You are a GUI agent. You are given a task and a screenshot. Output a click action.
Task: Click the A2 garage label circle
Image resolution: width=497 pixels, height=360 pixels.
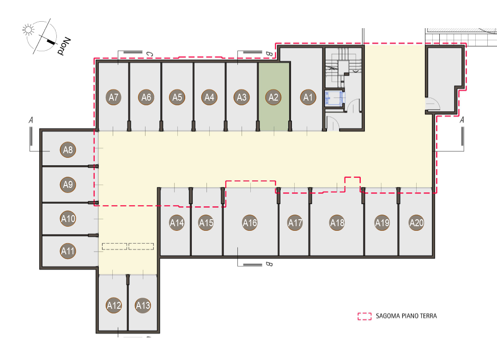[x=273, y=97]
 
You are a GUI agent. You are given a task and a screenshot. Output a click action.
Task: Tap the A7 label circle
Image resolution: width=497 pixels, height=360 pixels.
[x=114, y=97]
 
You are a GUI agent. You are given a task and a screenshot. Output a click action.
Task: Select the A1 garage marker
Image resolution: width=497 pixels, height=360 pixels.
[x=308, y=97]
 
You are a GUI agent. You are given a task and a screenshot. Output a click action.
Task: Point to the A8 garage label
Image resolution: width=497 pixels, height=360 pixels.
[x=68, y=150]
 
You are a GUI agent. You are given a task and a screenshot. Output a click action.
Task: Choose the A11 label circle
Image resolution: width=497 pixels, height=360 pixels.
[x=68, y=251]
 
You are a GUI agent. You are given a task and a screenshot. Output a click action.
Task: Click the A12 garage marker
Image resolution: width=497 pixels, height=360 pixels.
[x=114, y=305]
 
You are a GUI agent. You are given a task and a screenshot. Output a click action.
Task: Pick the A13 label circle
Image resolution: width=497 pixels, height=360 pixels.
[x=143, y=305]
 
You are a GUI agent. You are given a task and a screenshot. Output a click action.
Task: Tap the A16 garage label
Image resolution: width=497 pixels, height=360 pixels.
[x=250, y=223]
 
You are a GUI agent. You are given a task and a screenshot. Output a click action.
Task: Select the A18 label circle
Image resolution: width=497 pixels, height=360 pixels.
[x=337, y=223]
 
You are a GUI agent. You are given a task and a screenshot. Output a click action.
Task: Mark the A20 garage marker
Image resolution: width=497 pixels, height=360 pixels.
[x=416, y=223]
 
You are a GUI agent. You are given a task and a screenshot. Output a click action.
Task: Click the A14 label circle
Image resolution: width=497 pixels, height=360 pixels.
[x=177, y=223]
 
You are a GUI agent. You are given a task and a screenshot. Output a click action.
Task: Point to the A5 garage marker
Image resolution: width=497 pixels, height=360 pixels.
[x=177, y=97]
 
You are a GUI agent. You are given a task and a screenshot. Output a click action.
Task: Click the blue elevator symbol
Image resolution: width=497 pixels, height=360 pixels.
[x=334, y=98]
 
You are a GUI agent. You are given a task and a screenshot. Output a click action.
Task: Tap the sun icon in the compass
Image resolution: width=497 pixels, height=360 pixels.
[x=28, y=30]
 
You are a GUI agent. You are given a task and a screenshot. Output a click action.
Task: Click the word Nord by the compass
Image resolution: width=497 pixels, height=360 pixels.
[x=64, y=46]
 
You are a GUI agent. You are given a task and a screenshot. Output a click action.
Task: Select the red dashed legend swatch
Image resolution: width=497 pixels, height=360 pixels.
[x=364, y=316]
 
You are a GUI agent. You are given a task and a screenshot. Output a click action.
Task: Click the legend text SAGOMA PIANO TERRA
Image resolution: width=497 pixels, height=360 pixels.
[x=406, y=316]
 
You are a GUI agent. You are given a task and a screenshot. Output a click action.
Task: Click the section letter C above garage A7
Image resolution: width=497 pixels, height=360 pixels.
[x=150, y=54]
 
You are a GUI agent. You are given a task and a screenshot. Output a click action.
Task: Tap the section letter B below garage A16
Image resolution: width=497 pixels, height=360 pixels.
[x=269, y=264]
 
